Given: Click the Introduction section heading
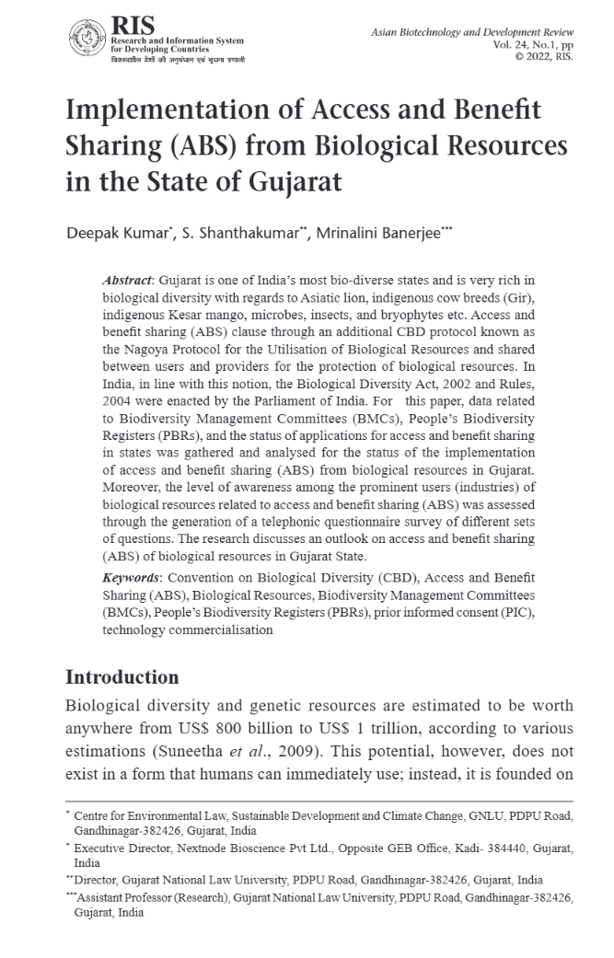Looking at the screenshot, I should pos(122,677).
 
